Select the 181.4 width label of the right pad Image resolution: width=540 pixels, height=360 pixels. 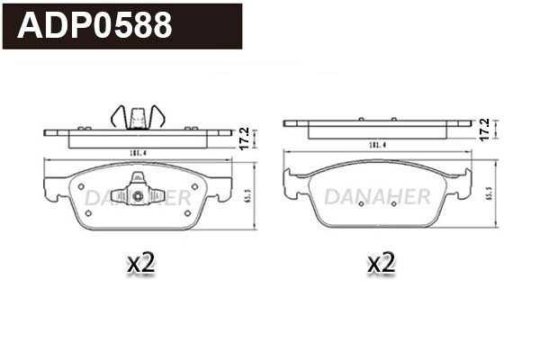(378, 145)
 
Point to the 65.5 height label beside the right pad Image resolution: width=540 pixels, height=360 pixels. (489, 193)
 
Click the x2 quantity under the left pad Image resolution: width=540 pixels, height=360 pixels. (141, 263)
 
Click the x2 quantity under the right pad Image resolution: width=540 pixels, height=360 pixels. (382, 263)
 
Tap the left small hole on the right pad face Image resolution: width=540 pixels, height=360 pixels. (359, 203)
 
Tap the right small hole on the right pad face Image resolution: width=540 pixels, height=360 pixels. (397, 203)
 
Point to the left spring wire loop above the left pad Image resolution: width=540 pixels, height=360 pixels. (118, 117)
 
